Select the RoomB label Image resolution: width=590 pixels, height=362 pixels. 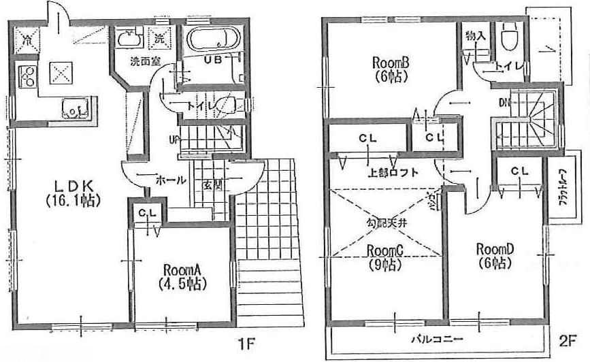coord(390,69)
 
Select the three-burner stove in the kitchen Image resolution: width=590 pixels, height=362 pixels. coord(27,77)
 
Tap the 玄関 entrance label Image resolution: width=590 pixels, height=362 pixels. coord(210,184)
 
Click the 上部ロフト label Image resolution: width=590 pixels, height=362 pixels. coord(393,173)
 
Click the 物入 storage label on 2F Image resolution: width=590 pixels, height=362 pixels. coord(475,36)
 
